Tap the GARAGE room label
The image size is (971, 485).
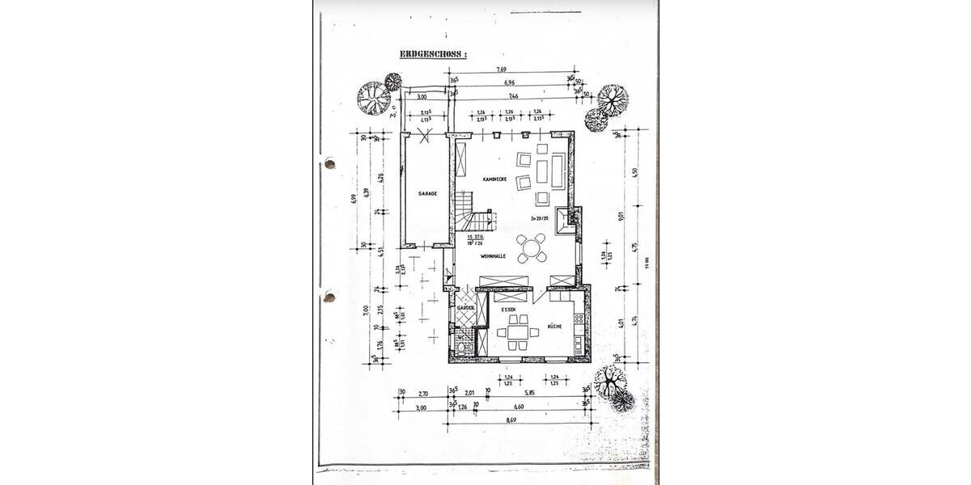tap(427, 194)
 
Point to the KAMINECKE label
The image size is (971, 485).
tap(494, 179)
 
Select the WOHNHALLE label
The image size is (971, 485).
tap(493, 255)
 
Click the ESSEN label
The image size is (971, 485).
tap(507, 310)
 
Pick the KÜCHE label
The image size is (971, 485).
tap(554, 326)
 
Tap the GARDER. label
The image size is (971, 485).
tap(465, 308)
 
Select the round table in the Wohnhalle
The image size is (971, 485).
tap(533, 248)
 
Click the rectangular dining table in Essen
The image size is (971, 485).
tap(517, 331)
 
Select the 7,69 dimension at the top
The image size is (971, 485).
tap(515, 72)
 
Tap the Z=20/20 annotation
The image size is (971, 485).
tap(540, 218)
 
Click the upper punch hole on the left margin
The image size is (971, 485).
tap(329, 164)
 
